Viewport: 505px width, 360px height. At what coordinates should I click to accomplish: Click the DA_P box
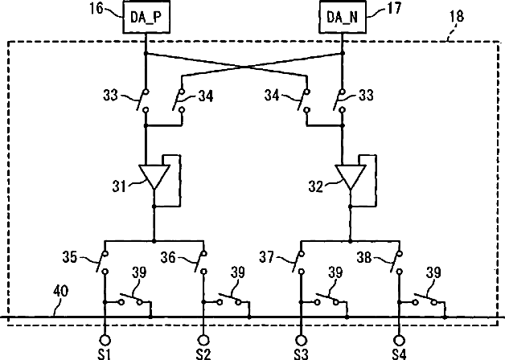click(146, 17)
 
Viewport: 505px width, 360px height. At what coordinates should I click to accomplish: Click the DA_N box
click(343, 17)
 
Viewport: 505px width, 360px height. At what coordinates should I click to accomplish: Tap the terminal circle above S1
click(105, 341)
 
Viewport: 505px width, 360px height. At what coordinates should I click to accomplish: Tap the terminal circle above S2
click(203, 341)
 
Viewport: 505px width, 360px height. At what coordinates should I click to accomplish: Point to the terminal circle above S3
click(301, 341)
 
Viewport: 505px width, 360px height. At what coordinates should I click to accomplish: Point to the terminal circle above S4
click(400, 341)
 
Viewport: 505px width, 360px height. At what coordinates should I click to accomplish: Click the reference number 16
click(96, 9)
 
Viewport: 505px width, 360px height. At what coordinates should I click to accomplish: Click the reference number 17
click(394, 8)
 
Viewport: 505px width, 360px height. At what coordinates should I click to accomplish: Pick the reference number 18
click(457, 17)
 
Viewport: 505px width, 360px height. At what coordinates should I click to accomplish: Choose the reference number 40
click(61, 291)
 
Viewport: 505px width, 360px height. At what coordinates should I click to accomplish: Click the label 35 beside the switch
click(70, 257)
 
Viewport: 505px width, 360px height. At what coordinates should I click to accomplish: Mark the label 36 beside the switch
click(168, 258)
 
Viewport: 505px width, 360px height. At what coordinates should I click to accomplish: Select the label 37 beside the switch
click(267, 257)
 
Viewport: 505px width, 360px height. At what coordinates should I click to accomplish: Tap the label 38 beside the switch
click(364, 257)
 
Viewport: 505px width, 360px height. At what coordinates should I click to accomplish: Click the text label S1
click(104, 354)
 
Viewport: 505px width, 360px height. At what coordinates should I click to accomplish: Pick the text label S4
click(399, 354)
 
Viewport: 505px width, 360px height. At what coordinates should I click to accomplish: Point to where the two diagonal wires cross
click(245, 67)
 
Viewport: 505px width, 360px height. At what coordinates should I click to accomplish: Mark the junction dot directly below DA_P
click(146, 53)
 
